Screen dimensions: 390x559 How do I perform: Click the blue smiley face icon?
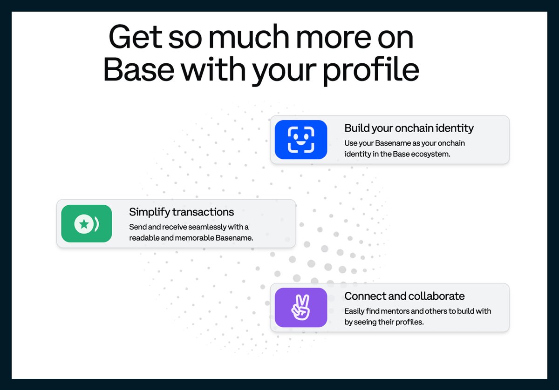(301, 140)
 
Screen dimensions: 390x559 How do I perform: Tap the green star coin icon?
(87, 224)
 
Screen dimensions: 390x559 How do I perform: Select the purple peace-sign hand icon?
(301, 308)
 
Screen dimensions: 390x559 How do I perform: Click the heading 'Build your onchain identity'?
(409, 128)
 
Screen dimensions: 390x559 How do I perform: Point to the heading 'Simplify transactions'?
(181, 212)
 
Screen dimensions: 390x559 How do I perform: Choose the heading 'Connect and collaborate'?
(404, 296)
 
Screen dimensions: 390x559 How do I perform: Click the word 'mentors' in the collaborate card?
(389, 311)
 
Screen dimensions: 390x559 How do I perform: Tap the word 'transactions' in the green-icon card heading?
(203, 212)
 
